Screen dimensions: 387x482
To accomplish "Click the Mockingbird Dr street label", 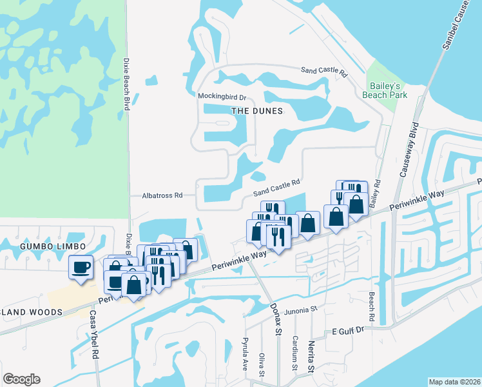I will pos(222,97).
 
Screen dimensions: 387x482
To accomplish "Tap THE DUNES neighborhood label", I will pos(257,111).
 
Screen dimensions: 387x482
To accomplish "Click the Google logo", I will pos(21,379).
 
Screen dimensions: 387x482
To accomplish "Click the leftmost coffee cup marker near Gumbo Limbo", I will pos(81,266).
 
